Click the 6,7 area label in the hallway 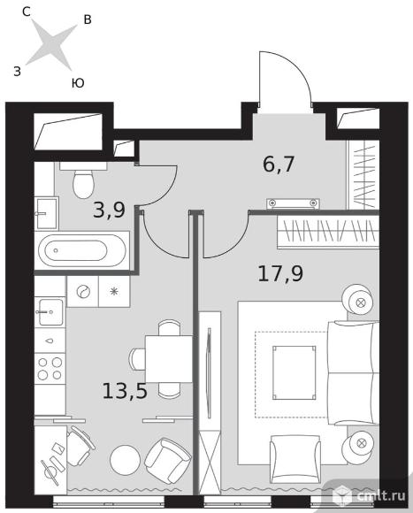(x=279, y=165)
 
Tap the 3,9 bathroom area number (x=109, y=210)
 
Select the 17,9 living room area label (x=280, y=273)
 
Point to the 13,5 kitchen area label (x=125, y=391)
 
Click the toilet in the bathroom (x=83, y=180)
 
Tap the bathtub (x=81, y=250)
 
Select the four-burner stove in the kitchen (x=50, y=369)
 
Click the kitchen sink (x=50, y=312)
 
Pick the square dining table (x=169, y=359)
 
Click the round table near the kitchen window (x=126, y=459)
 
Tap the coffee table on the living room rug (x=294, y=372)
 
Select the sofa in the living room (x=354, y=372)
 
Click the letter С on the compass (x=27, y=11)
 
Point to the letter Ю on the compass (x=78, y=83)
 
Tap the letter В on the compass (x=88, y=19)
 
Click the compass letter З (x=18, y=71)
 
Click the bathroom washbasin (x=47, y=213)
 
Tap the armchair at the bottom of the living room (x=295, y=458)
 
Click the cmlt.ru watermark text (x=381, y=495)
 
